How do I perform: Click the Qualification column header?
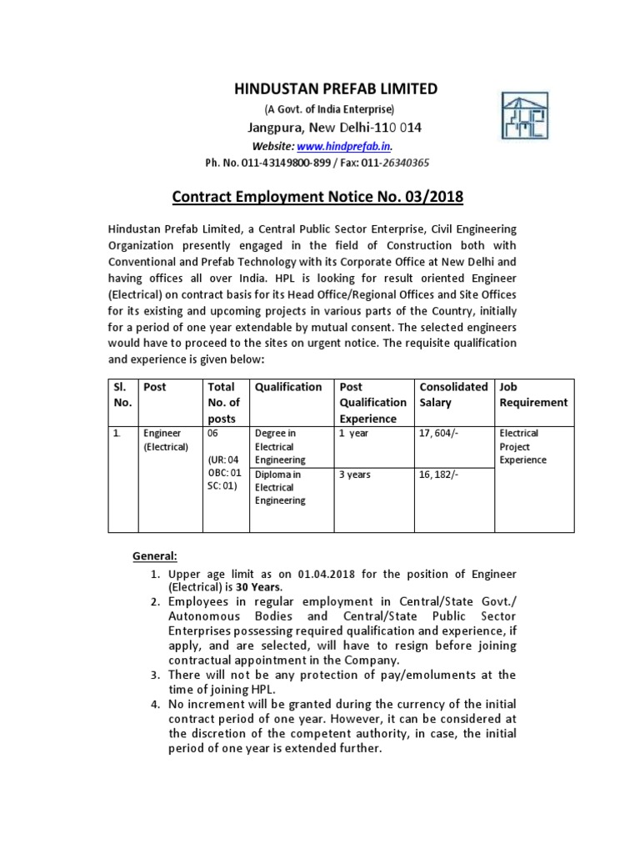[288, 387]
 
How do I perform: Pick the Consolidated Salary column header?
[453, 394]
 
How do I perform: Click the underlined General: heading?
[156, 556]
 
